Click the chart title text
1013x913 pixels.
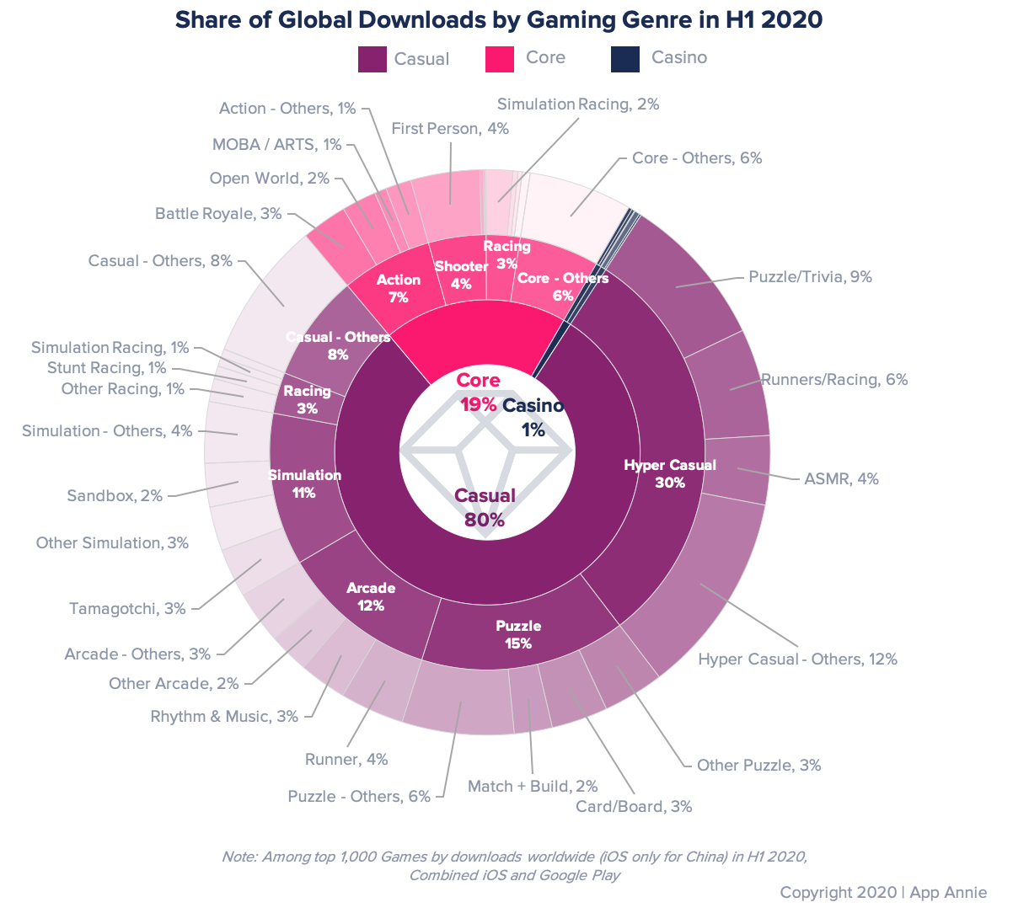click(498, 19)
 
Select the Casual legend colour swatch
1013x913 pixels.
click(372, 59)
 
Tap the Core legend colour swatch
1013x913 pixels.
click(500, 58)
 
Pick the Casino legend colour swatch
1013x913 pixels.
click(625, 58)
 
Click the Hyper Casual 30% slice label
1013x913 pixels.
click(670, 474)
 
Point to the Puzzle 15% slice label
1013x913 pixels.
click(518, 635)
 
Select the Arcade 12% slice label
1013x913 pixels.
click(371, 597)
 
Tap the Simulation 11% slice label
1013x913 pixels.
click(304, 484)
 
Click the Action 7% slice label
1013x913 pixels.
click(399, 288)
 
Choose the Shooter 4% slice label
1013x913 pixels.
click(461, 275)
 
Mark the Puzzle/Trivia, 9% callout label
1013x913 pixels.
click(810, 276)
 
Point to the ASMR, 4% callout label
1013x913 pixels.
click(841, 479)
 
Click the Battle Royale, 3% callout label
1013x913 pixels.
click(218, 214)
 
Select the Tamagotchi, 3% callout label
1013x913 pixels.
click(127, 608)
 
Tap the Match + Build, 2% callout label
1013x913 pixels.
click(533, 786)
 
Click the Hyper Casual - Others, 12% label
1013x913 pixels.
click(797, 659)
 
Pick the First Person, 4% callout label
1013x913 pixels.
click(450, 129)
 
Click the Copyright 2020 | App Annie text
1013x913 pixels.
click(883, 892)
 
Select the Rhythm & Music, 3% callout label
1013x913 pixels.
click(224, 717)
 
